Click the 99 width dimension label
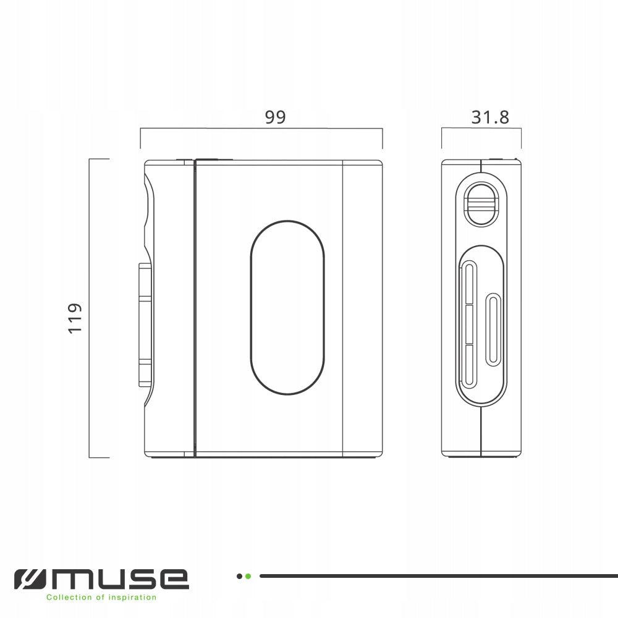point(275,117)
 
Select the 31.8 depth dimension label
point(490,117)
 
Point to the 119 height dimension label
point(75,318)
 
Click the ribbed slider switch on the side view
point(481,203)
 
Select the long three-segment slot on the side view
point(470,324)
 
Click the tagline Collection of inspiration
point(101,598)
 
